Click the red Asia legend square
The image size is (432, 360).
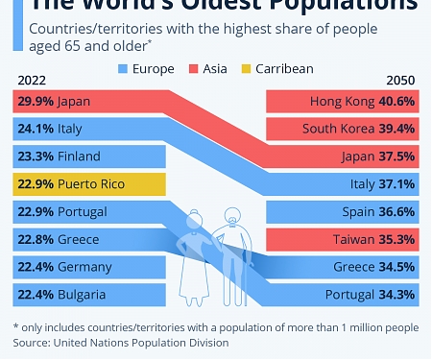(x=195, y=69)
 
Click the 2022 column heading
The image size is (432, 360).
(x=30, y=80)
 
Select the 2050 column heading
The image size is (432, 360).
(x=401, y=80)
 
